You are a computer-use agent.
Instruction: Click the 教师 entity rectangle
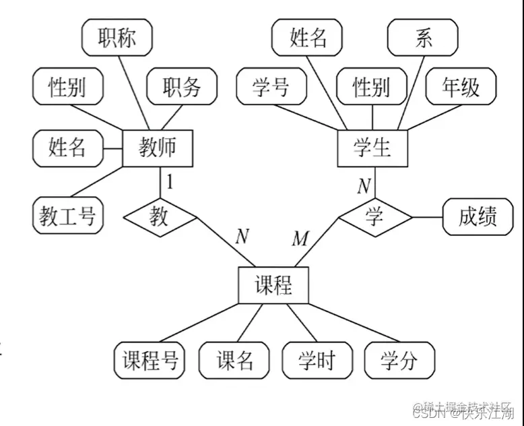[x=158, y=148]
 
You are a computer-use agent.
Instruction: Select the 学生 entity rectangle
[x=372, y=148]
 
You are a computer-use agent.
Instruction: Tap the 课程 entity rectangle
[x=273, y=285]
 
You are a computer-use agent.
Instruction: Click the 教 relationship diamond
[x=160, y=216]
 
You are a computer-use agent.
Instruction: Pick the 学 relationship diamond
[x=374, y=216]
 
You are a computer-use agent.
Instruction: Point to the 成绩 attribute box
[x=478, y=216]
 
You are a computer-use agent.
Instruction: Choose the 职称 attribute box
[x=117, y=38]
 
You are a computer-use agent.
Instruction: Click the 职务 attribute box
[x=182, y=88]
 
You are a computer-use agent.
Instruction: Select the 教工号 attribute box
[x=67, y=216]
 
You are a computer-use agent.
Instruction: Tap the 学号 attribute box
[x=271, y=88]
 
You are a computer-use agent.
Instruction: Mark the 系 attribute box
[x=423, y=38]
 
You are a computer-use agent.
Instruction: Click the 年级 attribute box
[x=461, y=88]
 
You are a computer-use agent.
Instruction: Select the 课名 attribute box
[x=234, y=361]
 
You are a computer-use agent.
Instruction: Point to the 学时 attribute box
[x=317, y=361]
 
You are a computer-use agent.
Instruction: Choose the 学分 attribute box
[x=399, y=361]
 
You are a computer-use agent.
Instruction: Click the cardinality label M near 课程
[x=300, y=238]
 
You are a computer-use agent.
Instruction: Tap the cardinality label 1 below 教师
[x=170, y=181]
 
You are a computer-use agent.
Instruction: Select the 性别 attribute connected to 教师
[x=67, y=88]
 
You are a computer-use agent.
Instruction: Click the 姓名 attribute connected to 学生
[x=308, y=38]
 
